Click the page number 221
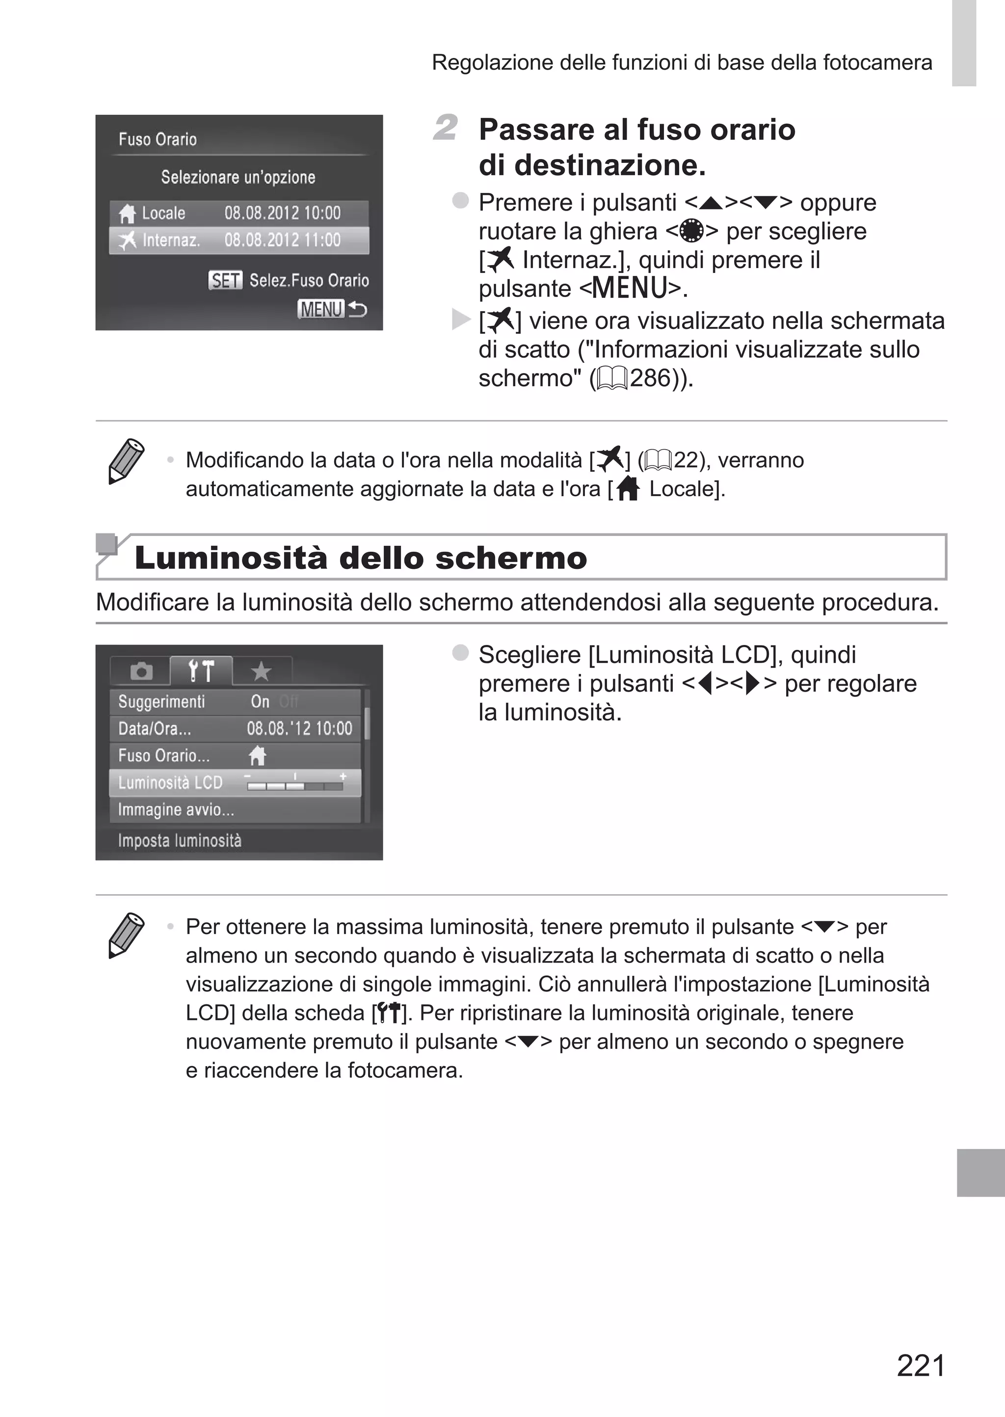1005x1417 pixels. point(921,1365)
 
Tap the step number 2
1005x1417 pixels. point(445,128)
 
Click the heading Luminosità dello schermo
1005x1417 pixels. point(360,558)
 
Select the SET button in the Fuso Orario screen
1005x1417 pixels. point(225,280)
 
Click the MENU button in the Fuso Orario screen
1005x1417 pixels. point(320,309)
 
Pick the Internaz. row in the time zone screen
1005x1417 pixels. point(239,240)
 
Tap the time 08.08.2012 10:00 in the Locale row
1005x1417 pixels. point(282,213)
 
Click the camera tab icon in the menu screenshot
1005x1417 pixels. point(141,671)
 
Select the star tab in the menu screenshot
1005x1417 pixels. point(261,671)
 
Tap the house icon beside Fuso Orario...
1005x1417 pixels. point(257,755)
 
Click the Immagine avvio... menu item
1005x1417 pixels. point(176,810)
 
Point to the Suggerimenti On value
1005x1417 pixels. point(260,702)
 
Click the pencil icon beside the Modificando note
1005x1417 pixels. point(126,461)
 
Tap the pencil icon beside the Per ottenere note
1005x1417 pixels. point(126,935)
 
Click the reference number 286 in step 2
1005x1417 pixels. point(650,378)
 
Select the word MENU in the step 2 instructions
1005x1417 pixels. point(630,288)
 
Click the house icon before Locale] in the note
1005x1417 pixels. point(628,489)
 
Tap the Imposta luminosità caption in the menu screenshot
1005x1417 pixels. point(180,840)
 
